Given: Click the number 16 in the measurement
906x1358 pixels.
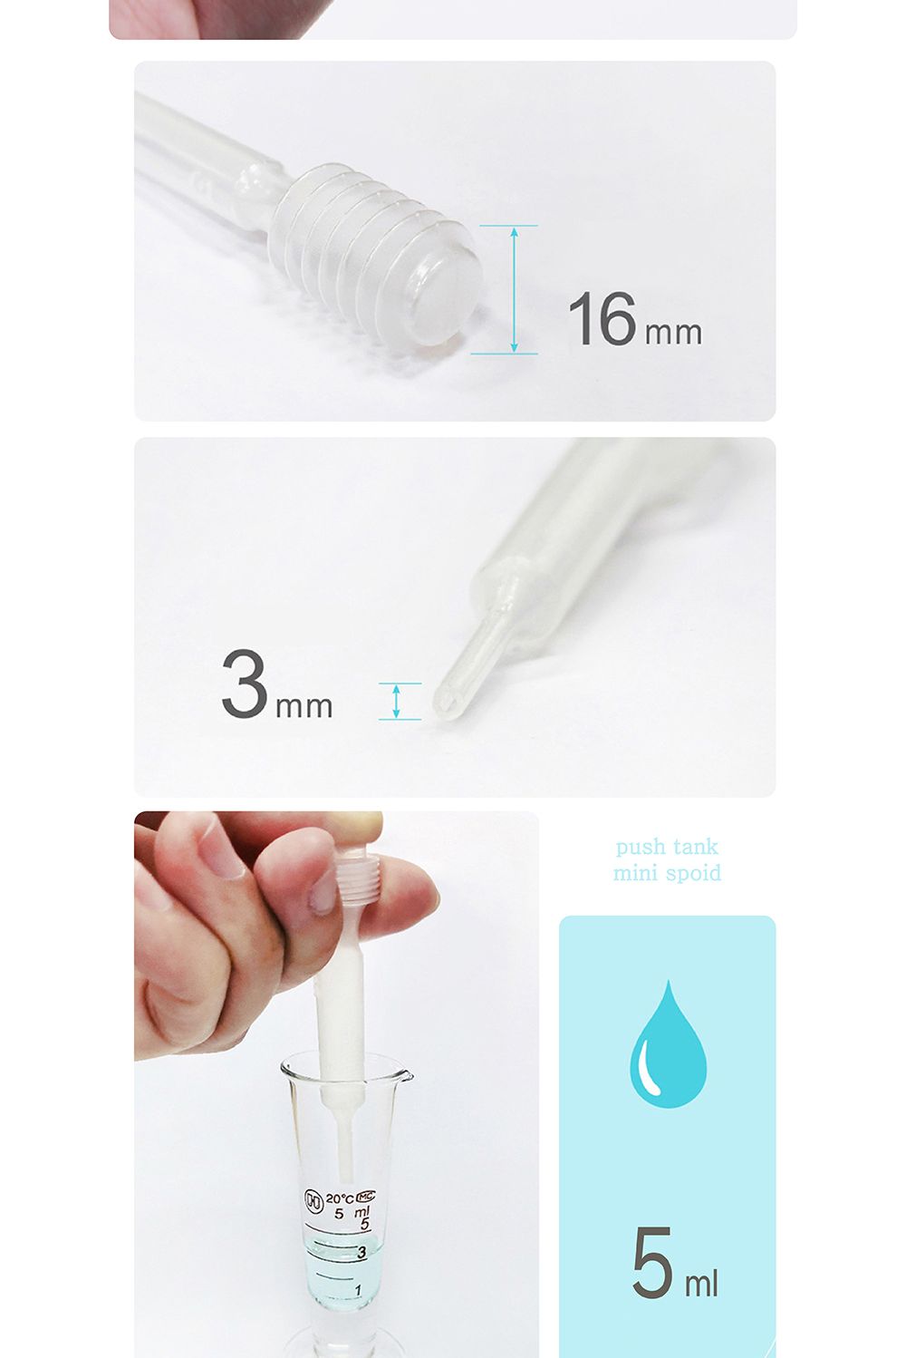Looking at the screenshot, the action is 602,318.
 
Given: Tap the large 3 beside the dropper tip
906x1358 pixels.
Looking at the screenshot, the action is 245,684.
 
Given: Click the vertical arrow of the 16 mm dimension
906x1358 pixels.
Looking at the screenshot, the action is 514,290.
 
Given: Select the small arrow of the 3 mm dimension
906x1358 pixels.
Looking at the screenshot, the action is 396,702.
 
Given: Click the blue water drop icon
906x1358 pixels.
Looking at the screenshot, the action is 668,1045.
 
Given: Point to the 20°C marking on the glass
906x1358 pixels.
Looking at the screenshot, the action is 340,1198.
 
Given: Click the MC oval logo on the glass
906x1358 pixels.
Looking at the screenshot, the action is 365,1196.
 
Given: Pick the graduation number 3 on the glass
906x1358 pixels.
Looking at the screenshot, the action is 361,1252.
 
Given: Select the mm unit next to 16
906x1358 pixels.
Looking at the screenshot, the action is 673,334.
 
